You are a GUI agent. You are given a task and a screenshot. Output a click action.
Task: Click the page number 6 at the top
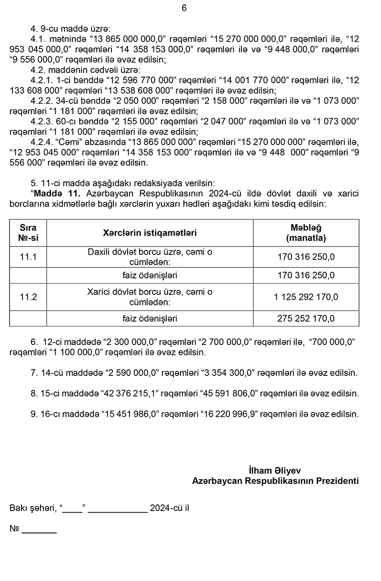(184, 8)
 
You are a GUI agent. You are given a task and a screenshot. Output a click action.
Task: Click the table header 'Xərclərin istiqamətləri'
(150, 233)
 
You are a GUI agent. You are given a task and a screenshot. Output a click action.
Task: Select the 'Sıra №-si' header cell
(28, 233)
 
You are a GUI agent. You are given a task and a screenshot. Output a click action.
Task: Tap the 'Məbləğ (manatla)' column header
(306, 233)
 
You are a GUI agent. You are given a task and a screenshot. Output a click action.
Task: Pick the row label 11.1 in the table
(28, 257)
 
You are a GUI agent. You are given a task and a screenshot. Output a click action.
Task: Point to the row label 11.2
(28, 297)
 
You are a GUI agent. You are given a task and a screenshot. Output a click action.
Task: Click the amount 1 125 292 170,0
(306, 297)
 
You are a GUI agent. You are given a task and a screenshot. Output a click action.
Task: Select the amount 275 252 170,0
(306, 318)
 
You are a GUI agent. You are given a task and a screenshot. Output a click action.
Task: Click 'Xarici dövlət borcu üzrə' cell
(150, 297)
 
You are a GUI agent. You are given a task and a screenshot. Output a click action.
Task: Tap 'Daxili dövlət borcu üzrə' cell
(150, 256)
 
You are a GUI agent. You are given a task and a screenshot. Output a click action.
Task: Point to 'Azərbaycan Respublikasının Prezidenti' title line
(275, 481)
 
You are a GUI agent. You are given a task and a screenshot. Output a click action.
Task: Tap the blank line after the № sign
(39, 529)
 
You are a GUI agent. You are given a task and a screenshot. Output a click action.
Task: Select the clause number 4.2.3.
(43, 121)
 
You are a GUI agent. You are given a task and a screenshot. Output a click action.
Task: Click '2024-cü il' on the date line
(169, 508)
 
